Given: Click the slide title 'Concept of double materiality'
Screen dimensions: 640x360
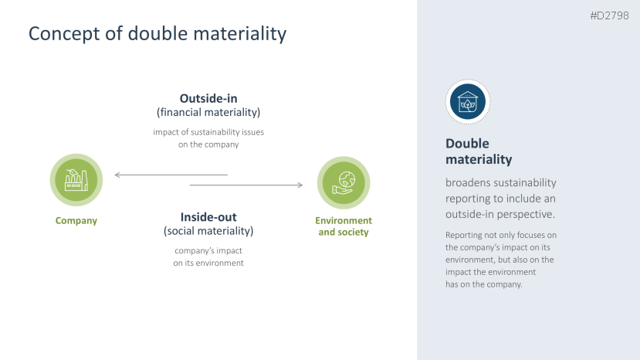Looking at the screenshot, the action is tap(157, 33).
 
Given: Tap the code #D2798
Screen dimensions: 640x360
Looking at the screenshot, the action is tap(609, 16).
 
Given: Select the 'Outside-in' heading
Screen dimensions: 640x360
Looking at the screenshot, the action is tap(208, 98).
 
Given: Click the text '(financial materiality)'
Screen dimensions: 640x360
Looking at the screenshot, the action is tap(208, 112).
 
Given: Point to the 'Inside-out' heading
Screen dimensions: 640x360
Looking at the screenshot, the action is tap(208, 217).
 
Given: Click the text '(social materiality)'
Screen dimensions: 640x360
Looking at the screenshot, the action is tap(208, 231).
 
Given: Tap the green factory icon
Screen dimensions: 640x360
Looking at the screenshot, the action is tap(76, 180).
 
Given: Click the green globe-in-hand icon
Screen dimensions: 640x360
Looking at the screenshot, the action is tap(344, 182).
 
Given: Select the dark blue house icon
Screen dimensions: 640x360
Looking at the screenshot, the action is tap(468, 102).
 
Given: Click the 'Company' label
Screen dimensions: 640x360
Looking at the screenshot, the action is tap(76, 221).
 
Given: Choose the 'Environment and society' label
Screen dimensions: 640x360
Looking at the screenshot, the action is tap(344, 226).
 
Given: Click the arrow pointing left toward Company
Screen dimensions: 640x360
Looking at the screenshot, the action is tap(171, 175).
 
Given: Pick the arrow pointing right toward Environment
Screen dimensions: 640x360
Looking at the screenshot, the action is tap(246, 185).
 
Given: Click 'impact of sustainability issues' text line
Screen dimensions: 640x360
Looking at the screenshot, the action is tap(208, 132).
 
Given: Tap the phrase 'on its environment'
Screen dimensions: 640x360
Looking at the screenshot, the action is tap(208, 263).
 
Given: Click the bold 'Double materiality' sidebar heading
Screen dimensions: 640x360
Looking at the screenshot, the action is tap(479, 151).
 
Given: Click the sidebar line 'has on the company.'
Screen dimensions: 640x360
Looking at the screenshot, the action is tap(484, 284).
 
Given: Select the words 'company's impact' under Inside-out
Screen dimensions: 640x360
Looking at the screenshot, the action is tap(208, 250).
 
